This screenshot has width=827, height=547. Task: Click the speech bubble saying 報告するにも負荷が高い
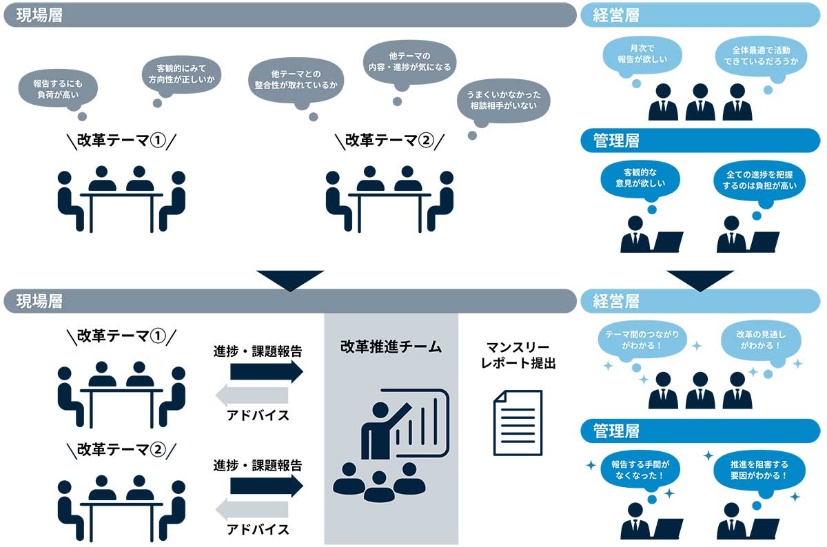(58, 88)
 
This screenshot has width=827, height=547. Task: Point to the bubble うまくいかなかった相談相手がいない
(504, 102)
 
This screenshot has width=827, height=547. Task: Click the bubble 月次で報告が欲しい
(642, 54)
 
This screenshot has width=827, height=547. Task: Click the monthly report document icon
(518, 422)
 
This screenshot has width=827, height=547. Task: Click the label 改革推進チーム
(391, 347)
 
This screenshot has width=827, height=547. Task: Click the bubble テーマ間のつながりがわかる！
(642, 339)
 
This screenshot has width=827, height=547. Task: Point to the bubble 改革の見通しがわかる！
(762, 339)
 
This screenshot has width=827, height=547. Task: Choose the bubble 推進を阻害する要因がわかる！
(759, 470)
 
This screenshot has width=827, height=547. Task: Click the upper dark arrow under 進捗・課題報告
(266, 371)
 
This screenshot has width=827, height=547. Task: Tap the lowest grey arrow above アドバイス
(252, 510)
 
